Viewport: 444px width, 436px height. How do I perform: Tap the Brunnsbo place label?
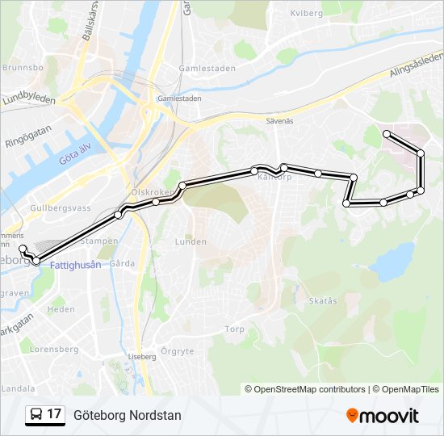[22, 69]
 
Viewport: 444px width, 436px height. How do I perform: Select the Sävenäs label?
[279, 119]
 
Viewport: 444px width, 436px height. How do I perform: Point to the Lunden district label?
[191, 241]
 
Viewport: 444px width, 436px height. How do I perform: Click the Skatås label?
[322, 300]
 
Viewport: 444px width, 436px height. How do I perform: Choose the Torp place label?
[234, 329]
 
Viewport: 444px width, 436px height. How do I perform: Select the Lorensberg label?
[53, 350]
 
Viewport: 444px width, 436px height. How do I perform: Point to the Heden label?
[61, 309]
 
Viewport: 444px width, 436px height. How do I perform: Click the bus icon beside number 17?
[36, 415]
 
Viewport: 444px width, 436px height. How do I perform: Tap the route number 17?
[54, 415]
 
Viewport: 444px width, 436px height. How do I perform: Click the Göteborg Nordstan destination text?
[128, 415]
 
